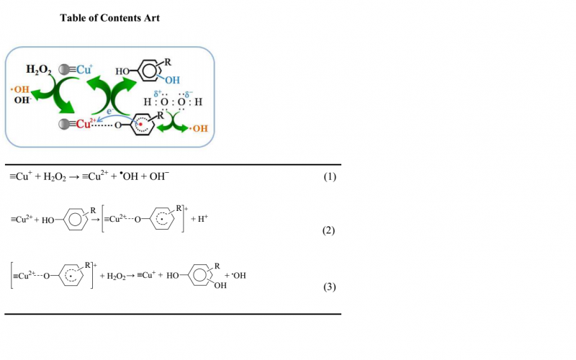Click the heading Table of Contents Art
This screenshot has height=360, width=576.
click(x=109, y=18)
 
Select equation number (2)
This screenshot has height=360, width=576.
click(x=328, y=230)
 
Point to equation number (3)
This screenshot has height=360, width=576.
click(x=329, y=287)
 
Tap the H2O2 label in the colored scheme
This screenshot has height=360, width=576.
click(x=39, y=70)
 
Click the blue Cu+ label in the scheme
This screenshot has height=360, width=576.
click(x=83, y=70)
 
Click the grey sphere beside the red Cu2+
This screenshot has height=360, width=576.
click(x=66, y=124)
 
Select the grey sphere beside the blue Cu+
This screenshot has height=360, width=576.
click(x=63, y=70)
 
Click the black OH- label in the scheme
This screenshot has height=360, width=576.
click(x=22, y=100)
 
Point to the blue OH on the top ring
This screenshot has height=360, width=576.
click(x=172, y=80)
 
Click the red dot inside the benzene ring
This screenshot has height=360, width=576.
click(x=143, y=124)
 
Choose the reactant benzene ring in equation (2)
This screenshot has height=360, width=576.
click(x=75, y=220)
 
